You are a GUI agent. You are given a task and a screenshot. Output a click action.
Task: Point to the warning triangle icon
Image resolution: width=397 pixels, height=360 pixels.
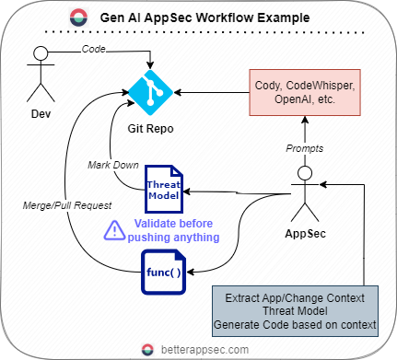[112, 230]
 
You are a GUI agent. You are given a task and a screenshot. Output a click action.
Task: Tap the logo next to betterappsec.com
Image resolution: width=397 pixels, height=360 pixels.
[147, 349]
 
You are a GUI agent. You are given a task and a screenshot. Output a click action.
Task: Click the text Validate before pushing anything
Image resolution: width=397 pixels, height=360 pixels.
[170, 230]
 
